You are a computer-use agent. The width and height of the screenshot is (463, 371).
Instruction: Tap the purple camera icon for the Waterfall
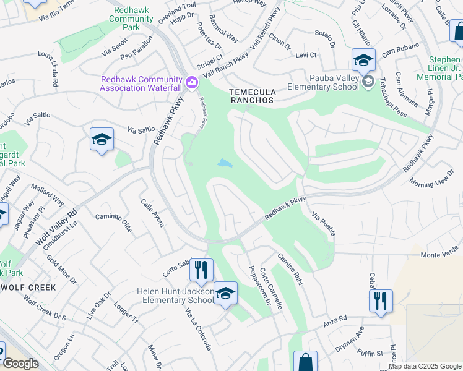coord(192,82)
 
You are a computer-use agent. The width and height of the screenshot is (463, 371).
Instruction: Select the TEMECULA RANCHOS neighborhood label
coord(252,95)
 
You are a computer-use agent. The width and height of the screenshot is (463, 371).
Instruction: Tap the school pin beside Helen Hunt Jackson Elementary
coord(225,294)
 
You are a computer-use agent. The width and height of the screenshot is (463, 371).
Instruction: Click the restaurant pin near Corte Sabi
coord(201,270)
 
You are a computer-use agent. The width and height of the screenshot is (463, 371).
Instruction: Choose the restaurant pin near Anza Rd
coord(381,301)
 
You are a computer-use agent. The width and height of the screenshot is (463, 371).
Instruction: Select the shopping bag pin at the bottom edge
coord(305,362)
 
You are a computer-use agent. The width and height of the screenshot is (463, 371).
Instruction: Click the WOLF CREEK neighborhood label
coord(28,288)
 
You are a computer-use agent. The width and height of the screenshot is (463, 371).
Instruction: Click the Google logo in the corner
coord(20,364)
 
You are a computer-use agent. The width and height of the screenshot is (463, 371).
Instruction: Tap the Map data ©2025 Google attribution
coord(424,366)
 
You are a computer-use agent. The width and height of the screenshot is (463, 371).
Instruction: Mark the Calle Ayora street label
coord(152,213)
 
